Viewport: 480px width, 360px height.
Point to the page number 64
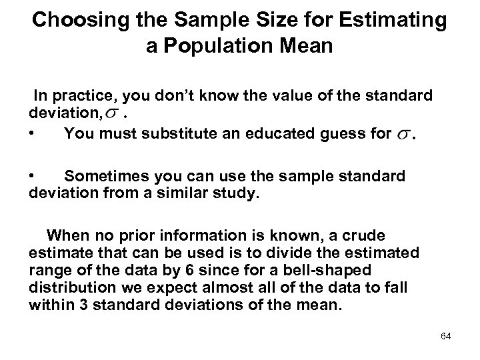[445, 336]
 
